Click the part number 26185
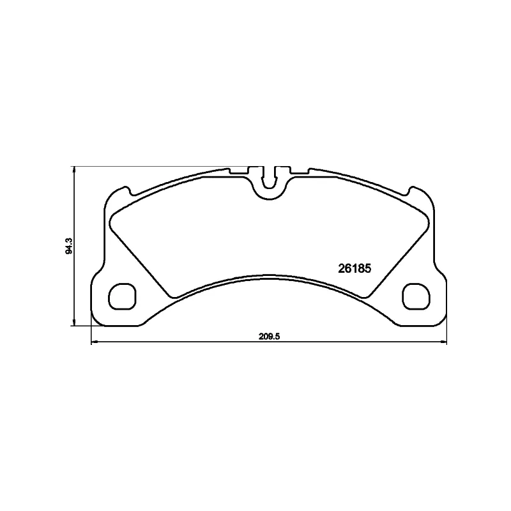coord(353,268)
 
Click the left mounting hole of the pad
coord(122,296)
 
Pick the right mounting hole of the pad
coord(416,296)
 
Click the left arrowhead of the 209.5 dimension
coord(95,343)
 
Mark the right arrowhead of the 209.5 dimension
coord(444,343)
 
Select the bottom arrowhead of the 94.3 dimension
coord(75,323)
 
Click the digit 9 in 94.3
coord(70,253)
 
